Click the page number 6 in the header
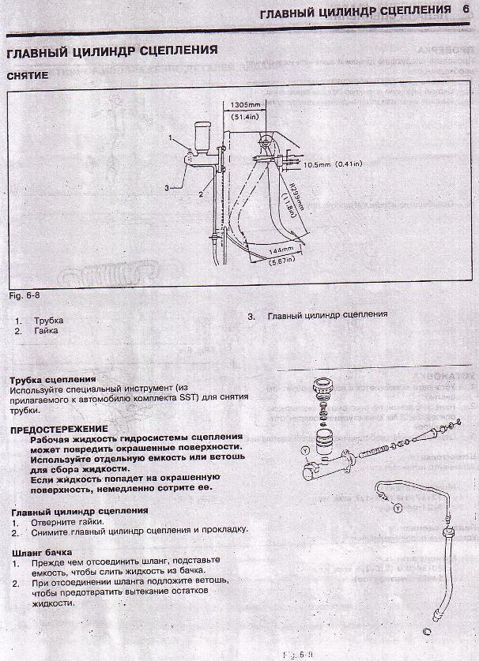(x=466, y=11)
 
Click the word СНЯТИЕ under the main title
(x=28, y=76)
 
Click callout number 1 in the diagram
(x=170, y=138)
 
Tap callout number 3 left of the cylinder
(x=167, y=188)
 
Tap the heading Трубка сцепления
(x=49, y=380)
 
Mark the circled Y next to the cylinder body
(x=306, y=450)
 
